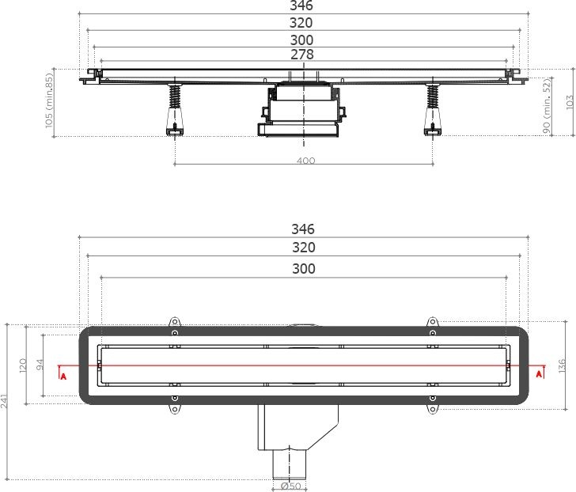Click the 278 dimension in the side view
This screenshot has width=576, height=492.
pos(302,55)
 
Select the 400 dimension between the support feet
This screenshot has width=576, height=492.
pos(305,161)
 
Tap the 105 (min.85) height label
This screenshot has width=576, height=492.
pos(49,102)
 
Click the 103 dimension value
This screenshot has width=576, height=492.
pos(568,102)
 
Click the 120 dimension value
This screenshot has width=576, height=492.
pos(24,365)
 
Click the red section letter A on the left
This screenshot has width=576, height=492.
pos(63,375)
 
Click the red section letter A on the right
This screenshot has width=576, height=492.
pos(540,373)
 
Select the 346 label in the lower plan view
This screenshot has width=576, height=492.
pos(302,229)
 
